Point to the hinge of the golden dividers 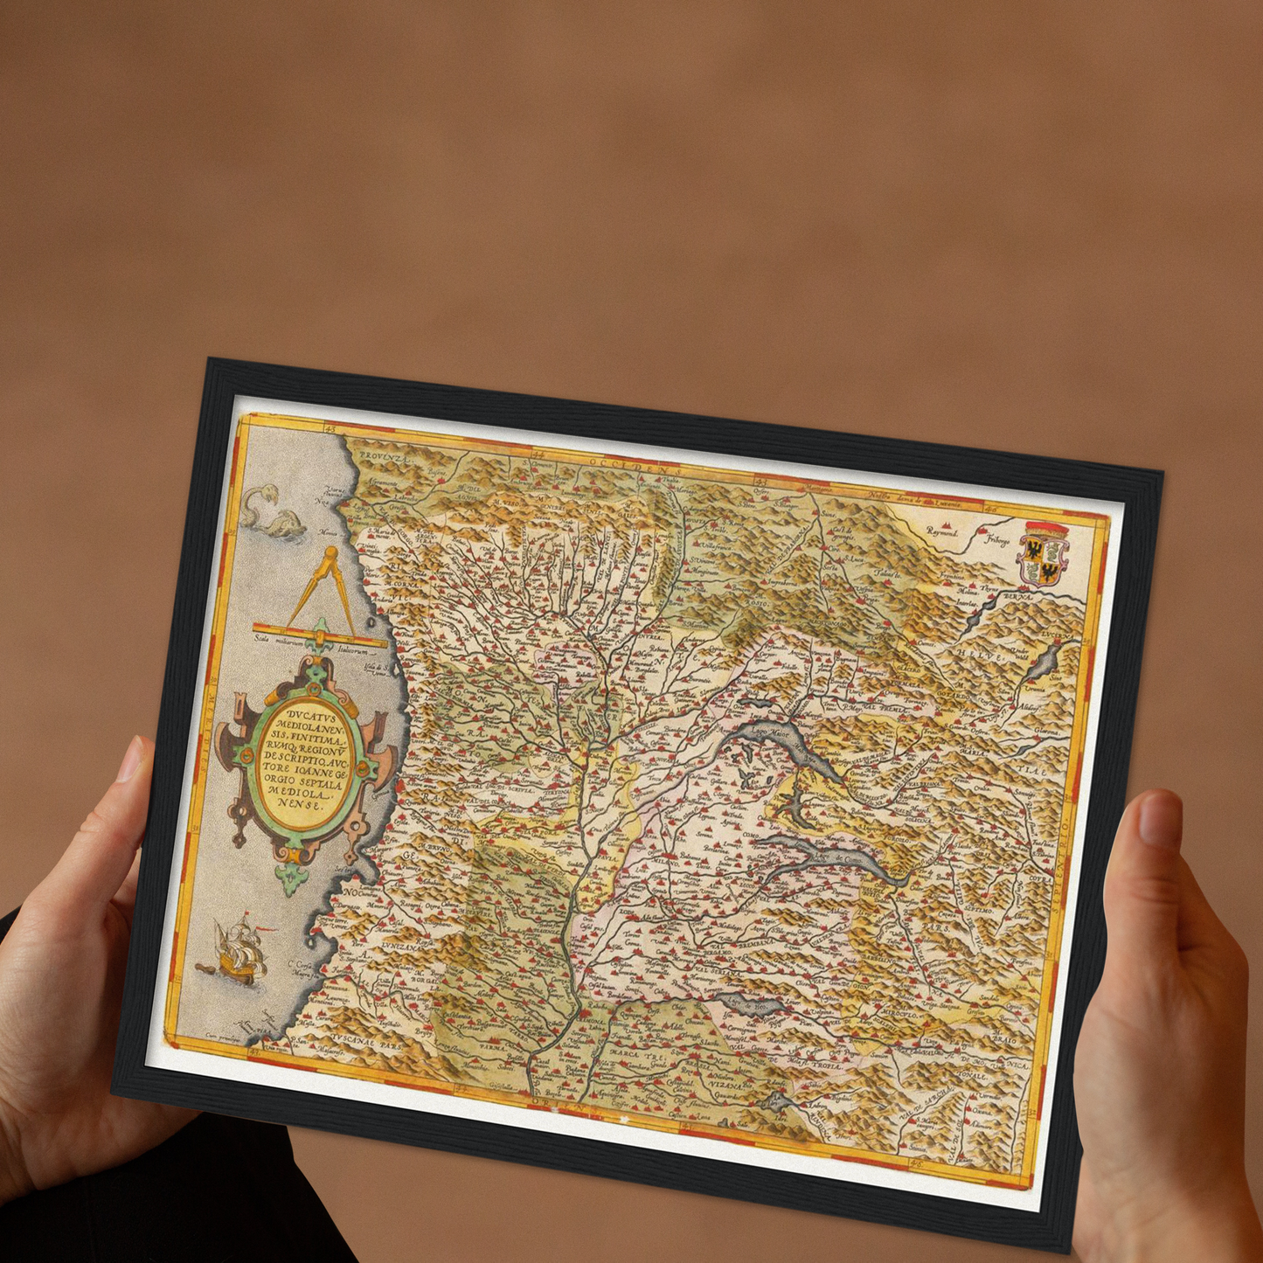pyautogui.click(x=330, y=553)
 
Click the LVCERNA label pyautogui.click(x=1054, y=634)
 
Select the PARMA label pyautogui.click(x=494, y=1046)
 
